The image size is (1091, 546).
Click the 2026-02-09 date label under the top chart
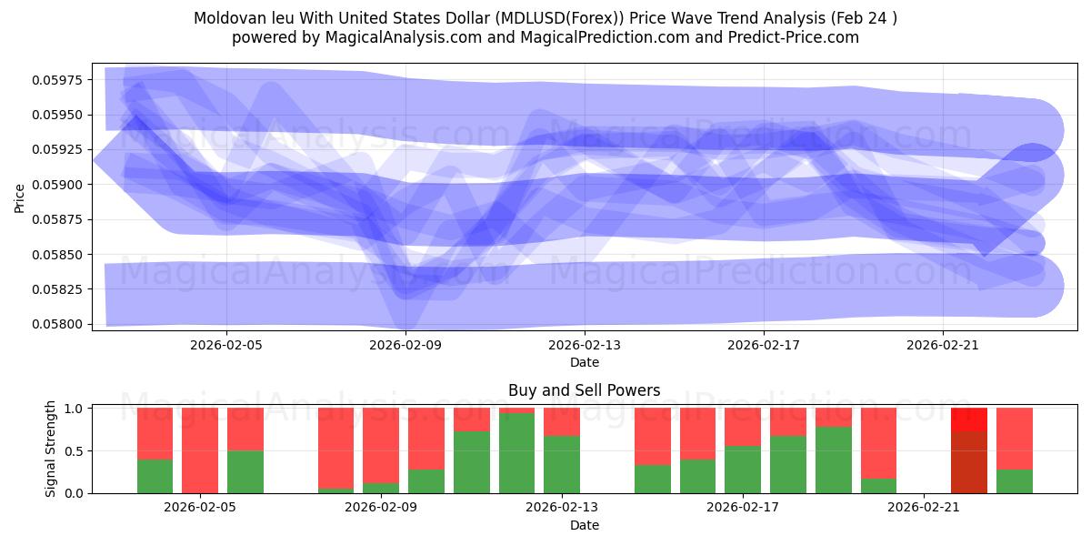click(x=405, y=345)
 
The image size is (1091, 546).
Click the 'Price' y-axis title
click(x=19, y=198)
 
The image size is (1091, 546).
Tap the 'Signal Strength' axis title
click(x=51, y=449)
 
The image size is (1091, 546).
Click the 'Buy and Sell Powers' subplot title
click(x=584, y=390)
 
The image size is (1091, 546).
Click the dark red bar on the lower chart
click(x=968, y=462)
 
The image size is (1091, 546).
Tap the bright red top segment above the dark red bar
click(x=968, y=420)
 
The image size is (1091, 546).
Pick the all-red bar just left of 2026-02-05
click(x=200, y=450)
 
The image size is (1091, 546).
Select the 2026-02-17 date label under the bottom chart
click(x=744, y=508)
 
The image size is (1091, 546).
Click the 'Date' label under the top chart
click(x=584, y=362)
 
